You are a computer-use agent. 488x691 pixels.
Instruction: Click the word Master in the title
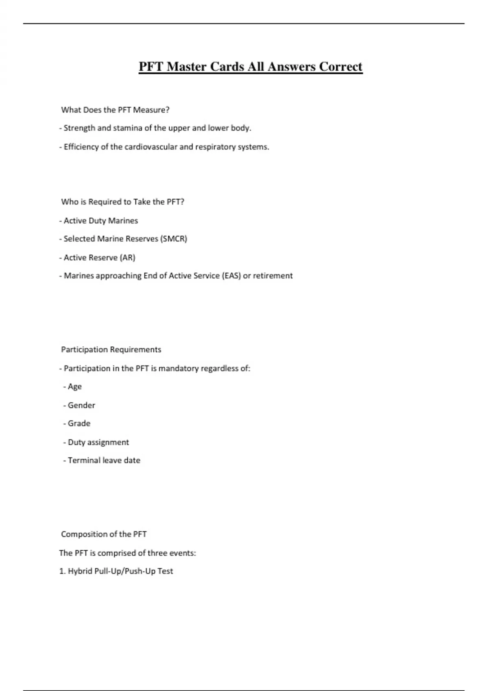pyautogui.click(x=187, y=67)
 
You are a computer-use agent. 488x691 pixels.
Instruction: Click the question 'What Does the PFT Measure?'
pyautogui.click(x=115, y=110)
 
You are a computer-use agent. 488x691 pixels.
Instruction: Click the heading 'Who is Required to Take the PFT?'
pyautogui.click(x=122, y=202)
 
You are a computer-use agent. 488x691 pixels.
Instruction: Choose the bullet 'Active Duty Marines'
pyautogui.click(x=100, y=221)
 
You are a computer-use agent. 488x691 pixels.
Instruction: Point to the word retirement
pyautogui.click(x=272, y=276)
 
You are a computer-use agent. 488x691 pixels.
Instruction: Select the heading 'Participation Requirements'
pyautogui.click(x=111, y=350)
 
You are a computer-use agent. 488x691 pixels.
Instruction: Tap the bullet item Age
pyautogui.click(x=74, y=387)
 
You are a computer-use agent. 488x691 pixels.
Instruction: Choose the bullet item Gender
pyautogui.click(x=81, y=405)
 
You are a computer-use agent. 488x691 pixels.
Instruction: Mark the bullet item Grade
pyautogui.click(x=79, y=424)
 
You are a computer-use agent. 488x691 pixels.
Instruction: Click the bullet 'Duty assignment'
pyautogui.click(x=98, y=442)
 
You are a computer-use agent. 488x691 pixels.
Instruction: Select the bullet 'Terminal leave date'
pyautogui.click(x=104, y=461)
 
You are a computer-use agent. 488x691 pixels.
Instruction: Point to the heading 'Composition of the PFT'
pyautogui.click(x=104, y=534)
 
